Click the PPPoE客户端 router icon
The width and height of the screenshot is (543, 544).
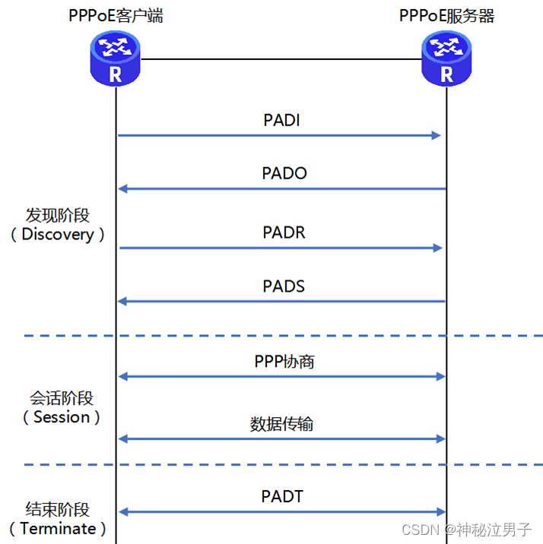point(116,60)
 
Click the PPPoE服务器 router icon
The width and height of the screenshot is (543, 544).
point(447,60)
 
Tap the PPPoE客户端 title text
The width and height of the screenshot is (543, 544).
point(115,15)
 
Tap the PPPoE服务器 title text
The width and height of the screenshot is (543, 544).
point(446,15)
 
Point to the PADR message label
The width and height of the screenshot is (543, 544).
point(284,232)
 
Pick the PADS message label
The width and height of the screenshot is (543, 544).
point(284,286)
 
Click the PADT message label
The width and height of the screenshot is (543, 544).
point(282,496)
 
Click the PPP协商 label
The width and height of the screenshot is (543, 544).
point(284,362)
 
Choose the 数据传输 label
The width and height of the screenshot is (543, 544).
point(281,423)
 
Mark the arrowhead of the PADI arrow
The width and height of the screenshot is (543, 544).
point(437,135)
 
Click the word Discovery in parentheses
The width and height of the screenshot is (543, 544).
point(57,234)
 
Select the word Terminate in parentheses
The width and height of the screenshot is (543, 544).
point(58,528)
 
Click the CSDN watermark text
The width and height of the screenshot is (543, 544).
point(418,529)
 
